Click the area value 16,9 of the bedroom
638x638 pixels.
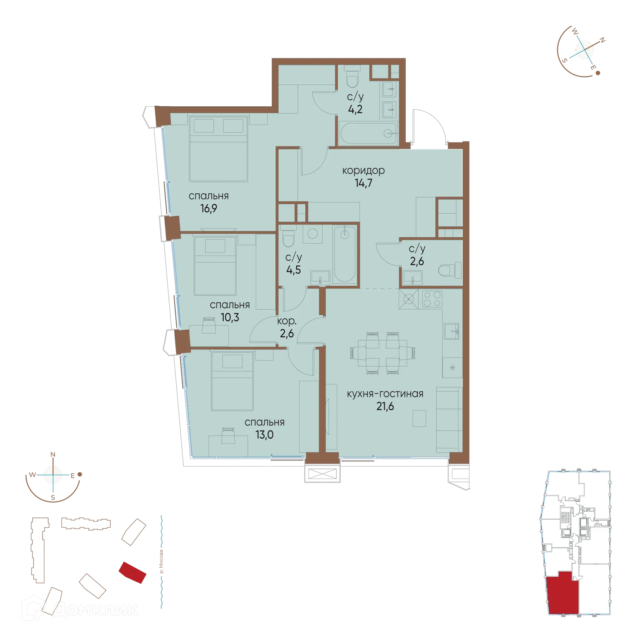208,209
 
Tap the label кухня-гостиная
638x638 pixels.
385,394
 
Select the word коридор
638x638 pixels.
364,170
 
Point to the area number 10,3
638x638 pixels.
230,317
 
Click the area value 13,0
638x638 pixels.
265,435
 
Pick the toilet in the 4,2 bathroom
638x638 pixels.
352,78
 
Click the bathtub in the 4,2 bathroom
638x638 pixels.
368,134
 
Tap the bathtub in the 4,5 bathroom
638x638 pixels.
345,254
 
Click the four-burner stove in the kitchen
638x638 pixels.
432,299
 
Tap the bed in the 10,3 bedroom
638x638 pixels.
215,266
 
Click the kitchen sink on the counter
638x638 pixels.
452,331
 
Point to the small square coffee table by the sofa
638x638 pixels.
419,418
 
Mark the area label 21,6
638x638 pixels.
385,406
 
